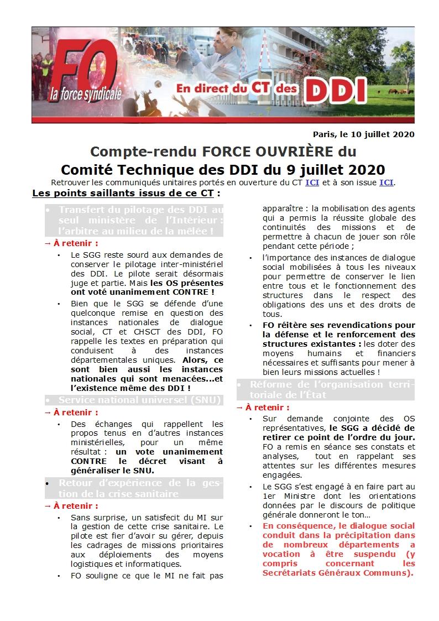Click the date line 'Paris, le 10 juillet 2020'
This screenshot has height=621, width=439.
[363, 134]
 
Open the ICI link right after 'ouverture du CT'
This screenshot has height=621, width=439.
[312, 182]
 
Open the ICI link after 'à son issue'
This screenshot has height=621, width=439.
[386, 182]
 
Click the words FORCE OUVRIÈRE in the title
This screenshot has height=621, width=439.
[262, 152]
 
